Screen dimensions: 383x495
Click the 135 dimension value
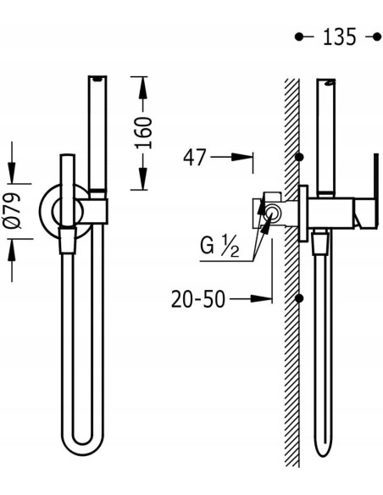340,36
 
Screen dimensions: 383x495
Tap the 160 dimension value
143,132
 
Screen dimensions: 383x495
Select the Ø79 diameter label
13,210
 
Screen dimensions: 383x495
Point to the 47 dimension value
195,157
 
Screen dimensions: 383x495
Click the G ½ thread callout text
219,247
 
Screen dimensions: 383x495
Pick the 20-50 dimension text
198,299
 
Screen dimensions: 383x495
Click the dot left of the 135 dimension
299,37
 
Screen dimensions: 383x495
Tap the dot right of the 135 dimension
377,37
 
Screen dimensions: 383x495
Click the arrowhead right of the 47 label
242,157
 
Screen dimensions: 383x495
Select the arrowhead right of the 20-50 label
261,298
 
